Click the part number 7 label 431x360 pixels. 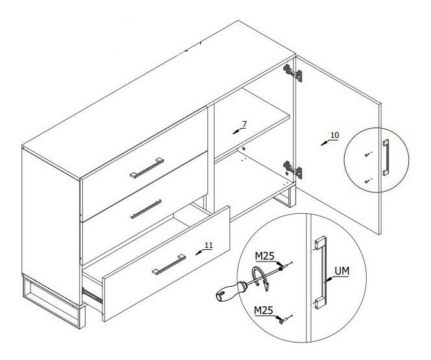pos(244,124)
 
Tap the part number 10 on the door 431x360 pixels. pos(335,135)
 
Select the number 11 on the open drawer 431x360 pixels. pos(209,245)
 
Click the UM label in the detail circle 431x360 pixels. pos(342,271)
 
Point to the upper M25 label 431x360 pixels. pos(264,256)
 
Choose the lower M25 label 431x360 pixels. pos(263,310)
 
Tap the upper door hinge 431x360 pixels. pos(293,73)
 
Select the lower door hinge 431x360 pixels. pos(293,170)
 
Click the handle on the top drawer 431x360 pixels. pos(146,168)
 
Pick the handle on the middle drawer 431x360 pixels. pos(146,209)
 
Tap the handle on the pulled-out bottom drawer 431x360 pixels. pos(169,265)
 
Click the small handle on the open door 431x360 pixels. pos(386,157)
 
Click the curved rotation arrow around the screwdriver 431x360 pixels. pos(261,278)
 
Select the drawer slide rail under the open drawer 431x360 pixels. pos(92,295)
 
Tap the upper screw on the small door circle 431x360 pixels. pos(367,155)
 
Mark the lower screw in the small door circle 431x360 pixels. pos(367,181)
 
